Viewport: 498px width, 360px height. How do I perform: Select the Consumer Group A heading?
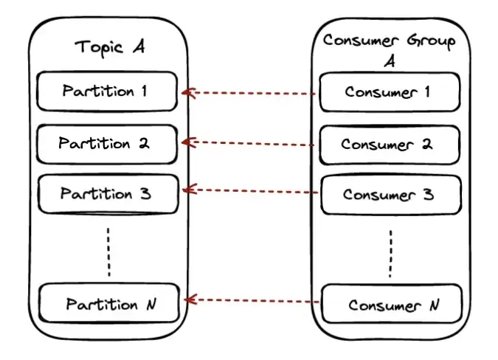(x=389, y=49)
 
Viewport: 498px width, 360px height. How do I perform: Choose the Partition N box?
(x=109, y=303)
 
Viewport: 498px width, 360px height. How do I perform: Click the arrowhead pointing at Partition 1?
(x=187, y=93)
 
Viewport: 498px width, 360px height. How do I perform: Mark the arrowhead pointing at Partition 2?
(x=187, y=140)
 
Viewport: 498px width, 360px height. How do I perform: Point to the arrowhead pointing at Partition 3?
(x=187, y=190)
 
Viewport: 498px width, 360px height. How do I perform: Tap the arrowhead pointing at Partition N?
(x=189, y=300)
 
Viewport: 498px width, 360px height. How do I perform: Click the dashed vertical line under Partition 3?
(x=108, y=252)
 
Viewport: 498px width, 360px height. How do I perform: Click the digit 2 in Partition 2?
(x=143, y=143)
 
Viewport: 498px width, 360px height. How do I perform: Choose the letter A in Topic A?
(x=139, y=47)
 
